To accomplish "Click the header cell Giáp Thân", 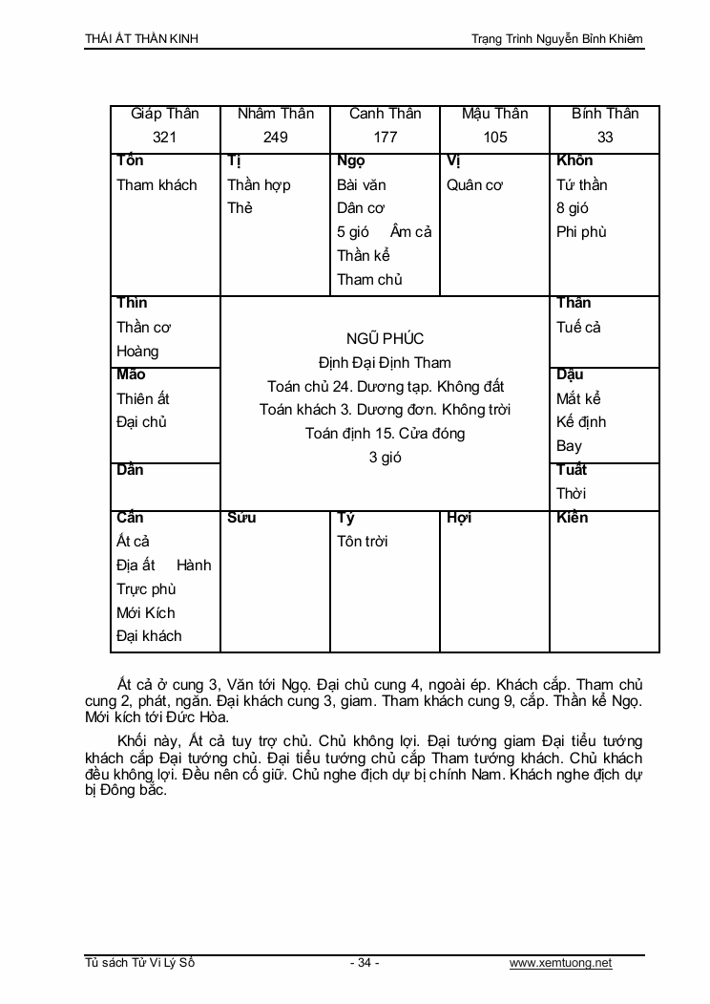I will point(165,114).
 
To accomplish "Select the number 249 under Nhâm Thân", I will point(276,138).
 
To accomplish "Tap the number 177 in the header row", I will point(386,138).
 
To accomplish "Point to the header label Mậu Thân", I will point(495,114).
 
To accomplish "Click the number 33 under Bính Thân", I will point(605,138).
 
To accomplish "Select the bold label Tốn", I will point(130,160).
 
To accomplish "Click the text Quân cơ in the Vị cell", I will point(474,184).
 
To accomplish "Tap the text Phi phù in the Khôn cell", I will point(581,232).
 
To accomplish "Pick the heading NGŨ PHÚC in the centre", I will point(386,339).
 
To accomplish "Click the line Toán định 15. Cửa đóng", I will point(386,434).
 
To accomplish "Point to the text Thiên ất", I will point(143,398).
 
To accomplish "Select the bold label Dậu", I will point(570,374).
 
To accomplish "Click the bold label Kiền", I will point(573,518).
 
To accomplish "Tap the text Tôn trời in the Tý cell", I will point(363,542).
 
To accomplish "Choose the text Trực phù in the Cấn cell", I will point(146,589).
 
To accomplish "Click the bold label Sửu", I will point(242,518).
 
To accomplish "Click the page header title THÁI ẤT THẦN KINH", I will point(142,38).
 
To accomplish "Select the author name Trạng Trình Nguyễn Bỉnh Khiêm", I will point(557,38).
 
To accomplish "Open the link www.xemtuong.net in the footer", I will point(560,963).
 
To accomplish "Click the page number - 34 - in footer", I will point(364,963).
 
